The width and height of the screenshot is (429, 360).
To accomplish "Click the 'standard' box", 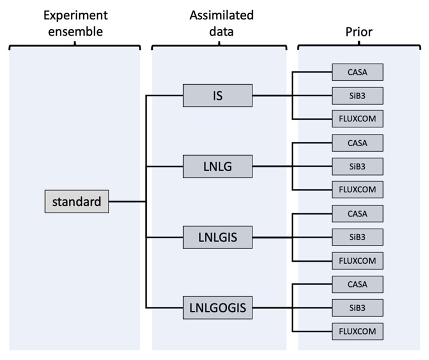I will click(x=76, y=202).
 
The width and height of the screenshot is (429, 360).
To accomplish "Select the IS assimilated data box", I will click(x=218, y=95).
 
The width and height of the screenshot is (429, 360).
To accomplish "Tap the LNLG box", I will click(x=218, y=166).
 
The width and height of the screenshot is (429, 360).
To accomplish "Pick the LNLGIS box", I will click(x=218, y=238).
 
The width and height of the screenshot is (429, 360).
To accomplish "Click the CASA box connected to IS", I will click(x=357, y=72).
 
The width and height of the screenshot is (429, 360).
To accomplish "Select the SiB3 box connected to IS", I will click(x=357, y=95).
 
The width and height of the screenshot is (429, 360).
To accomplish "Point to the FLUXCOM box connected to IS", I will click(x=357, y=119).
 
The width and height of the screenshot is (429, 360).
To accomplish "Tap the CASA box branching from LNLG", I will click(x=357, y=143).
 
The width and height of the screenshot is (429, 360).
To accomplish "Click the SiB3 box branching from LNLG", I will click(x=357, y=166).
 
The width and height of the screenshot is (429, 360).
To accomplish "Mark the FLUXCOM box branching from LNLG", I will click(x=357, y=189).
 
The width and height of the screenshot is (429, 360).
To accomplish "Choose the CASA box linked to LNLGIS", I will click(x=357, y=214).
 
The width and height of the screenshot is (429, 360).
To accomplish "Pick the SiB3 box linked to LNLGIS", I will click(x=357, y=237).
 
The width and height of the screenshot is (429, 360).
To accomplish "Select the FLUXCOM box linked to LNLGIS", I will click(x=357, y=260).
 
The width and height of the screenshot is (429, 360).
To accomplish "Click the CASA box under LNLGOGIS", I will click(x=357, y=285).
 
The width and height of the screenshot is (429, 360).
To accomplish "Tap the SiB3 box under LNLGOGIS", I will click(x=357, y=308).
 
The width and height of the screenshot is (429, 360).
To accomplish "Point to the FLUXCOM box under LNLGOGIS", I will click(x=357, y=331).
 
